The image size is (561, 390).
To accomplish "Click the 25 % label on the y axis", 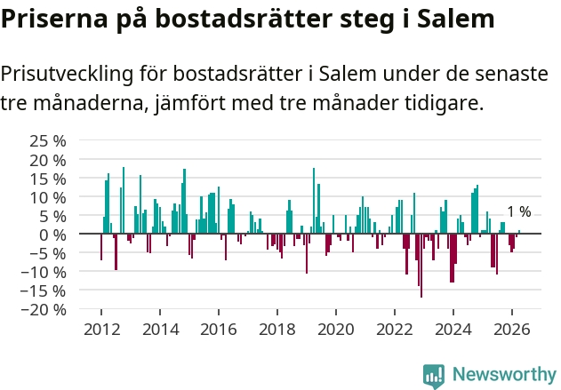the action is tap(48, 141).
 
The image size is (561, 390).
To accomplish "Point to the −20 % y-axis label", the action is tap(44, 309).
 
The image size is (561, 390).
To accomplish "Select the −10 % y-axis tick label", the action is tap(44, 273).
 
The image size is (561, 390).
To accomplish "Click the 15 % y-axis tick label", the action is tap(48, 179).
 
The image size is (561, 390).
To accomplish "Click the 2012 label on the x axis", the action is tap(102, 330).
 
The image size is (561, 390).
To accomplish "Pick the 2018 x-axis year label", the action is tap(277, 330).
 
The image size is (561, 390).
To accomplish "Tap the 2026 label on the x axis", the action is tap(512, 330).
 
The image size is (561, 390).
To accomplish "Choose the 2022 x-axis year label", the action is tap(395, 330).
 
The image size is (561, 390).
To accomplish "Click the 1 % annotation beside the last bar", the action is tap(519, 212).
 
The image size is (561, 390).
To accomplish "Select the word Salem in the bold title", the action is tap(456, 19).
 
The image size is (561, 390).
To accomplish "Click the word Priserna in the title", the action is tap(54, 19).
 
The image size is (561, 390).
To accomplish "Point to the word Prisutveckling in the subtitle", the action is tap(67, 75).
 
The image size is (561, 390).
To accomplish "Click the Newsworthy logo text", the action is tap(504, 374).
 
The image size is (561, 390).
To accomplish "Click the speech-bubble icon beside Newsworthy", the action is tap(434, 376).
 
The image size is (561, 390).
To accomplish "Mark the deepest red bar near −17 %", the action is tap(421, 266).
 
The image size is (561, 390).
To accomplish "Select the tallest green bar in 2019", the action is tap(314, 201).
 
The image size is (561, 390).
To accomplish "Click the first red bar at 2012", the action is tap(101, 247).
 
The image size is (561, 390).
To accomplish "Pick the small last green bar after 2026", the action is tap(519, 232).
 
